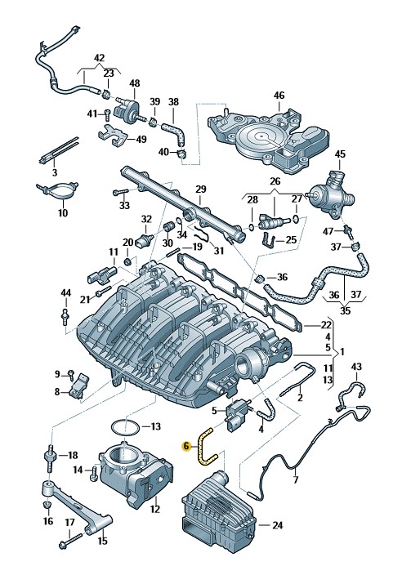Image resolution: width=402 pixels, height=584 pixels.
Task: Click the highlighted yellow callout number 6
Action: click(x=186, y=446)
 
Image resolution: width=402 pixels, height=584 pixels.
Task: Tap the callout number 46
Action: click(x=279, y=96)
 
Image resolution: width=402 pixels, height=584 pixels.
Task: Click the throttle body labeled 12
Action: click(x=136, y=473)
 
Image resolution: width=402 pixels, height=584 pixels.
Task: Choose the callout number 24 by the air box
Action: click(x=278, y=525)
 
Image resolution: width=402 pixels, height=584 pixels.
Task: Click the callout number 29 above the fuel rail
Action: click(x=201, y=189)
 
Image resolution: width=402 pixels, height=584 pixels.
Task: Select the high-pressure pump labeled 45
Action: click(x=331, y=194)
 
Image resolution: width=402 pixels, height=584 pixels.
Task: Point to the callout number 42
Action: click(x=100, y=58)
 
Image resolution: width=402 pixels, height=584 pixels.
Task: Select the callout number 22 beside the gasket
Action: click(x=326, y=325)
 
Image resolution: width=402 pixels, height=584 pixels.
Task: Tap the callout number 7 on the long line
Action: click(x=296, y=479)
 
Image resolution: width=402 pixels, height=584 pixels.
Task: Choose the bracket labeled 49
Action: click(x=114, y=136)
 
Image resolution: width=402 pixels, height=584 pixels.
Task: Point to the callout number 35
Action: click(x=345, y=310)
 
